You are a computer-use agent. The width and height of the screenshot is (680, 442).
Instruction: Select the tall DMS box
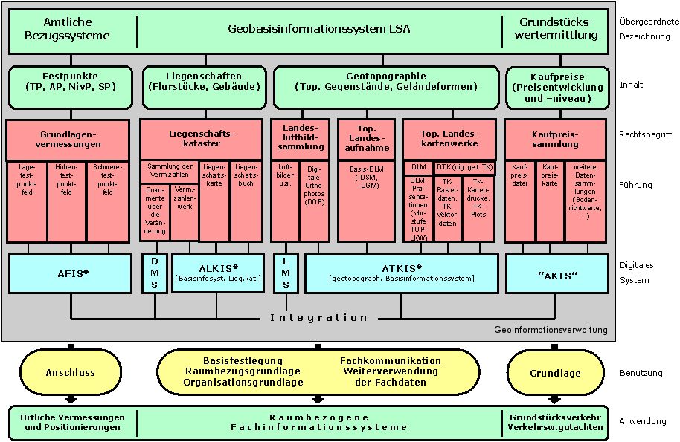coord(155,273)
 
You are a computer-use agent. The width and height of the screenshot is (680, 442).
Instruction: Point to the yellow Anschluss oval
coord(71,373)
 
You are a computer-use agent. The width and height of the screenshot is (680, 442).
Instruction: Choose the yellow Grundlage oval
coord(555,373)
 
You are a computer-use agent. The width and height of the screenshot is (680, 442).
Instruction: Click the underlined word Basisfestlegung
coord(244,360)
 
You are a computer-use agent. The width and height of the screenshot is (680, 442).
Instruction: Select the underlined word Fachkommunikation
coord(391,360)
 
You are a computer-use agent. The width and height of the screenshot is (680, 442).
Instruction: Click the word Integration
coord(318,317)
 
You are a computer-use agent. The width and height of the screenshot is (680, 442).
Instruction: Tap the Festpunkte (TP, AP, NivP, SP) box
coord(71,81)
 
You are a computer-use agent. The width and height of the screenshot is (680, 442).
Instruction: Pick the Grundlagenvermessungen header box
coord(70,139)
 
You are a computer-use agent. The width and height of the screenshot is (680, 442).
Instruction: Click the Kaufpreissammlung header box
coord(555,139)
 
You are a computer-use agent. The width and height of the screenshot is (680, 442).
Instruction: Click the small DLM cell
coord(418,167)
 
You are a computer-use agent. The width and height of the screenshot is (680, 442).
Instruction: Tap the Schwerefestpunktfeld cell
coord(108,180)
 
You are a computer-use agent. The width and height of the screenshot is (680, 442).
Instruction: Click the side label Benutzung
coord(641,373)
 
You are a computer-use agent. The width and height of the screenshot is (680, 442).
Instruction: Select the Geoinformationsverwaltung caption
coord(551,330)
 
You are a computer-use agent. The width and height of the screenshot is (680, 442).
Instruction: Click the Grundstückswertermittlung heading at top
coord(559,28)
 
